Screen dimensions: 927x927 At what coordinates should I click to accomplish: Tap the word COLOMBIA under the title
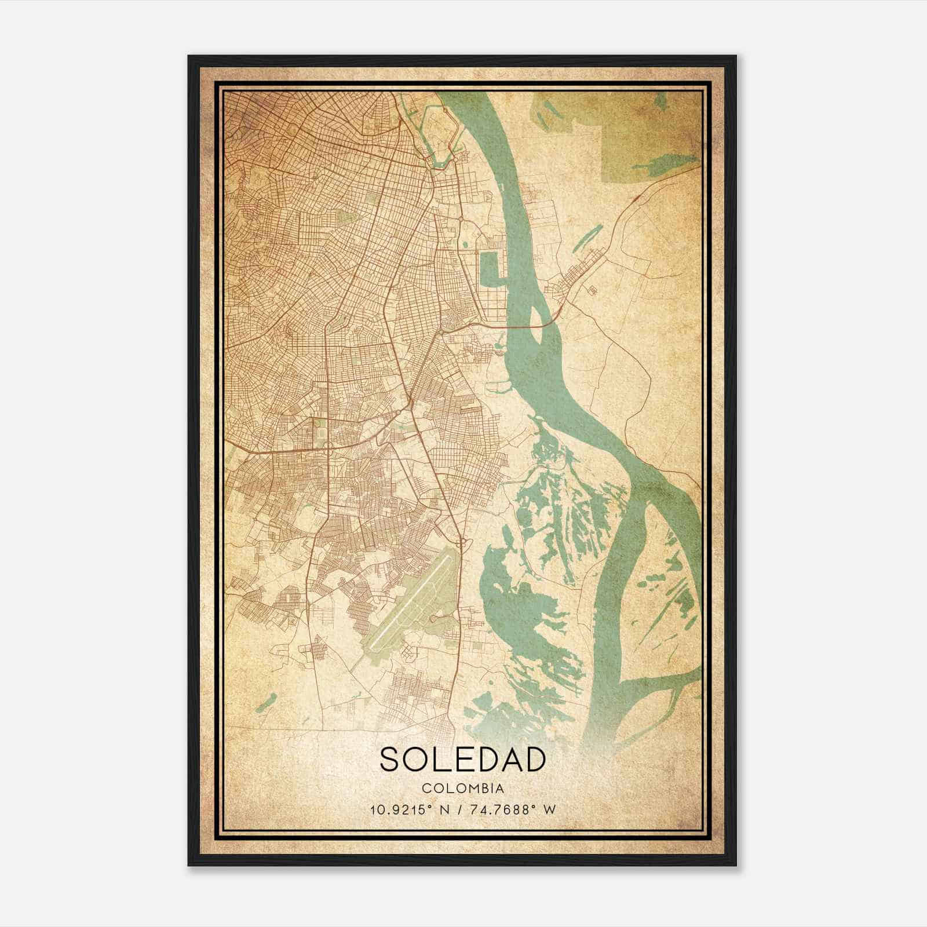click(x=463, y=789)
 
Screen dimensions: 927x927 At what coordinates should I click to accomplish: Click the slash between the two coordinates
click(x=459, y=809)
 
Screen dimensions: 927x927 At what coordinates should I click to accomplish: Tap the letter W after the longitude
click(x=550, y=809)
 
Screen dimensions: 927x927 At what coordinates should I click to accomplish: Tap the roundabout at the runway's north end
click(x=462, y=542)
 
